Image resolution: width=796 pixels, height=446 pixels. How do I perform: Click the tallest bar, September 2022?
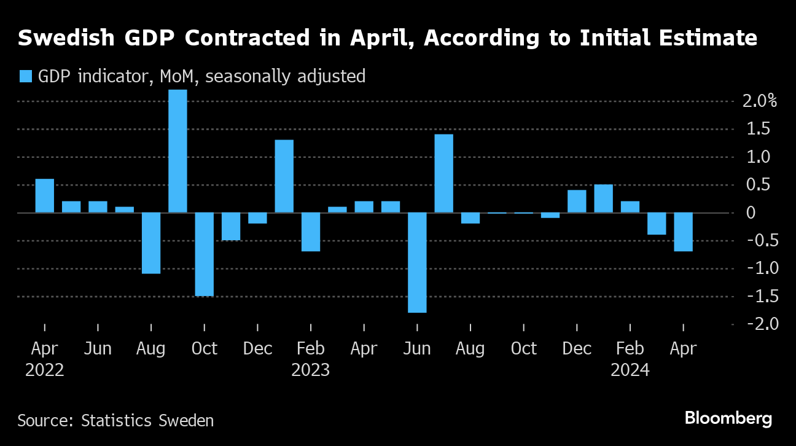178,151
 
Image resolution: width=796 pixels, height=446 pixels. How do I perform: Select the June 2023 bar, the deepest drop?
417,262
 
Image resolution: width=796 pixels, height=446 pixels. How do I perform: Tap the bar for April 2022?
45,196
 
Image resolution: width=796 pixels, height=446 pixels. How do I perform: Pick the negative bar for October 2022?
205,254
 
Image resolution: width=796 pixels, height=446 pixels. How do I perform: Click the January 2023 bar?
284,176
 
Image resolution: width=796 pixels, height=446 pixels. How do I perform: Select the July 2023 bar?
443,173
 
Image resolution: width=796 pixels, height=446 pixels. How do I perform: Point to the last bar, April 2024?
683,232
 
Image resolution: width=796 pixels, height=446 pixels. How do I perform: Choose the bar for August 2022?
151,243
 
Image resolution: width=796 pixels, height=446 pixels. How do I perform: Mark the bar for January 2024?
603,198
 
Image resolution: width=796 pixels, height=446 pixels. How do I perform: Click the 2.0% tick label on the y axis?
759,101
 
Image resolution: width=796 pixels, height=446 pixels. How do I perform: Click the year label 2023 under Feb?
310,370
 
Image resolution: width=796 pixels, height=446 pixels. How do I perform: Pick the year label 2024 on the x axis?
630,370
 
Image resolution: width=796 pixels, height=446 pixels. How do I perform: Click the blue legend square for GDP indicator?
25,76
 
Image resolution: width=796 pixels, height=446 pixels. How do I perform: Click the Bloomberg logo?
728,419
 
